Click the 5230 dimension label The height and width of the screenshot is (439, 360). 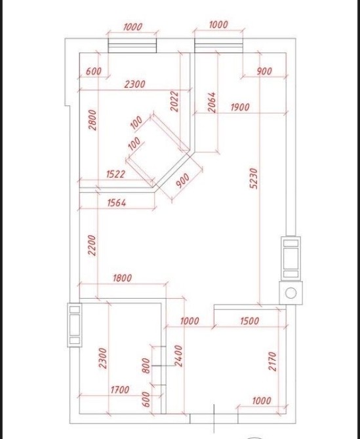click(254, 178)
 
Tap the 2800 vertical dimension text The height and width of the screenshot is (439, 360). click(92, 120)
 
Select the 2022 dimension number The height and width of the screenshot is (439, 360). click(174, 101)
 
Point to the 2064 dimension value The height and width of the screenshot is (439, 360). click(212, 102)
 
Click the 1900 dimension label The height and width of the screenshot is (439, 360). click(240, 107)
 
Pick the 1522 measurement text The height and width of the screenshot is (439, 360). click(115, 174)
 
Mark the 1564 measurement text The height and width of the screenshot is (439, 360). click(117, 202)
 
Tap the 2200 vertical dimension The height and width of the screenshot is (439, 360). click(92, 245)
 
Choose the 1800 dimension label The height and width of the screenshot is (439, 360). click(123, 278)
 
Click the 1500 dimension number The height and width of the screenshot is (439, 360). click(250, 321)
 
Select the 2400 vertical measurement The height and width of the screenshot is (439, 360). click(178, 356)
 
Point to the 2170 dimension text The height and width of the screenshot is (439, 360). click(272, 362)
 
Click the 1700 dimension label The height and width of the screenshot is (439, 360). click(120, 390)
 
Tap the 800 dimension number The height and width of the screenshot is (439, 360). click(146, 366)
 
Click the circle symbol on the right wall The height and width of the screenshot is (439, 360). click(290, 293)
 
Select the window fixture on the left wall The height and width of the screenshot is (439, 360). click(75, 325)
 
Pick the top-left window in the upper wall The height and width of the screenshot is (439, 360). click(132, 45)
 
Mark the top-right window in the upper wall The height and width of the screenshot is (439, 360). click(218, 45)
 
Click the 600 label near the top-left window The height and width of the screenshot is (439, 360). click(94, 71)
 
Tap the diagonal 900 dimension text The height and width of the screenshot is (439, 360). click(183, 181)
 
